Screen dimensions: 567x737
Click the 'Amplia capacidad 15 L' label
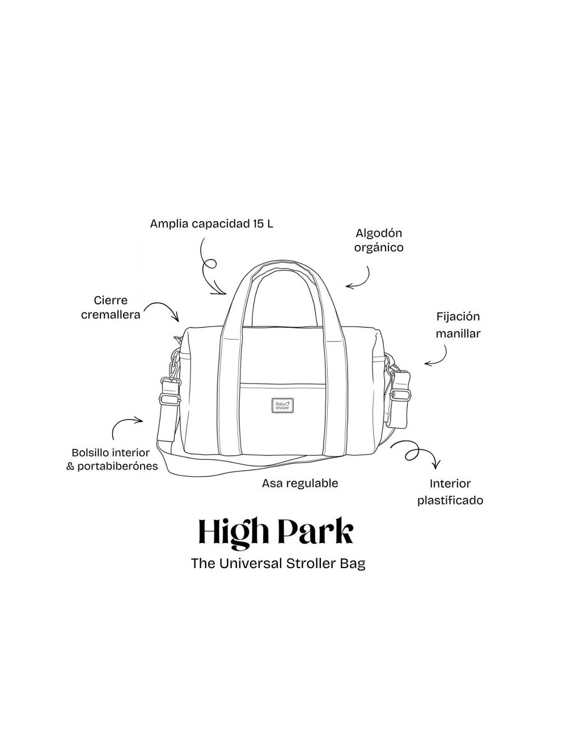211,224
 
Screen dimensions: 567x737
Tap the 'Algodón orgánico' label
379,240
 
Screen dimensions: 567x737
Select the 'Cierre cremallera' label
111,307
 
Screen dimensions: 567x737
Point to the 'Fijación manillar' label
458,325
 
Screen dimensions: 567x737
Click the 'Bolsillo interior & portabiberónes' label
112,459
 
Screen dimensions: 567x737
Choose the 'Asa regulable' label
300,483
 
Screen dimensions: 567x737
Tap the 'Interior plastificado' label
450,492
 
